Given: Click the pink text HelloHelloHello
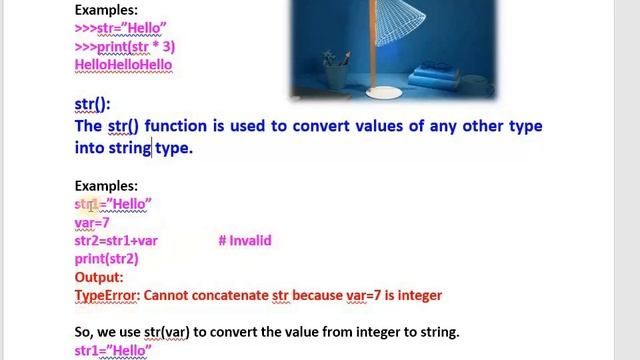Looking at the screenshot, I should tap(123, 64).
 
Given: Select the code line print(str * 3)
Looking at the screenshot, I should tap(125, 46).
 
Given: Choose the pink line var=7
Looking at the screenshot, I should tap(92, 222).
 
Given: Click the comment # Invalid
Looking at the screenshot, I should tap(244, 240).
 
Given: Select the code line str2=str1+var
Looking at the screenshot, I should tap(116, 240).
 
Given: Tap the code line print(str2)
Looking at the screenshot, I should tap(106, 258).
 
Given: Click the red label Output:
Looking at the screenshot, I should tap(99, 277).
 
